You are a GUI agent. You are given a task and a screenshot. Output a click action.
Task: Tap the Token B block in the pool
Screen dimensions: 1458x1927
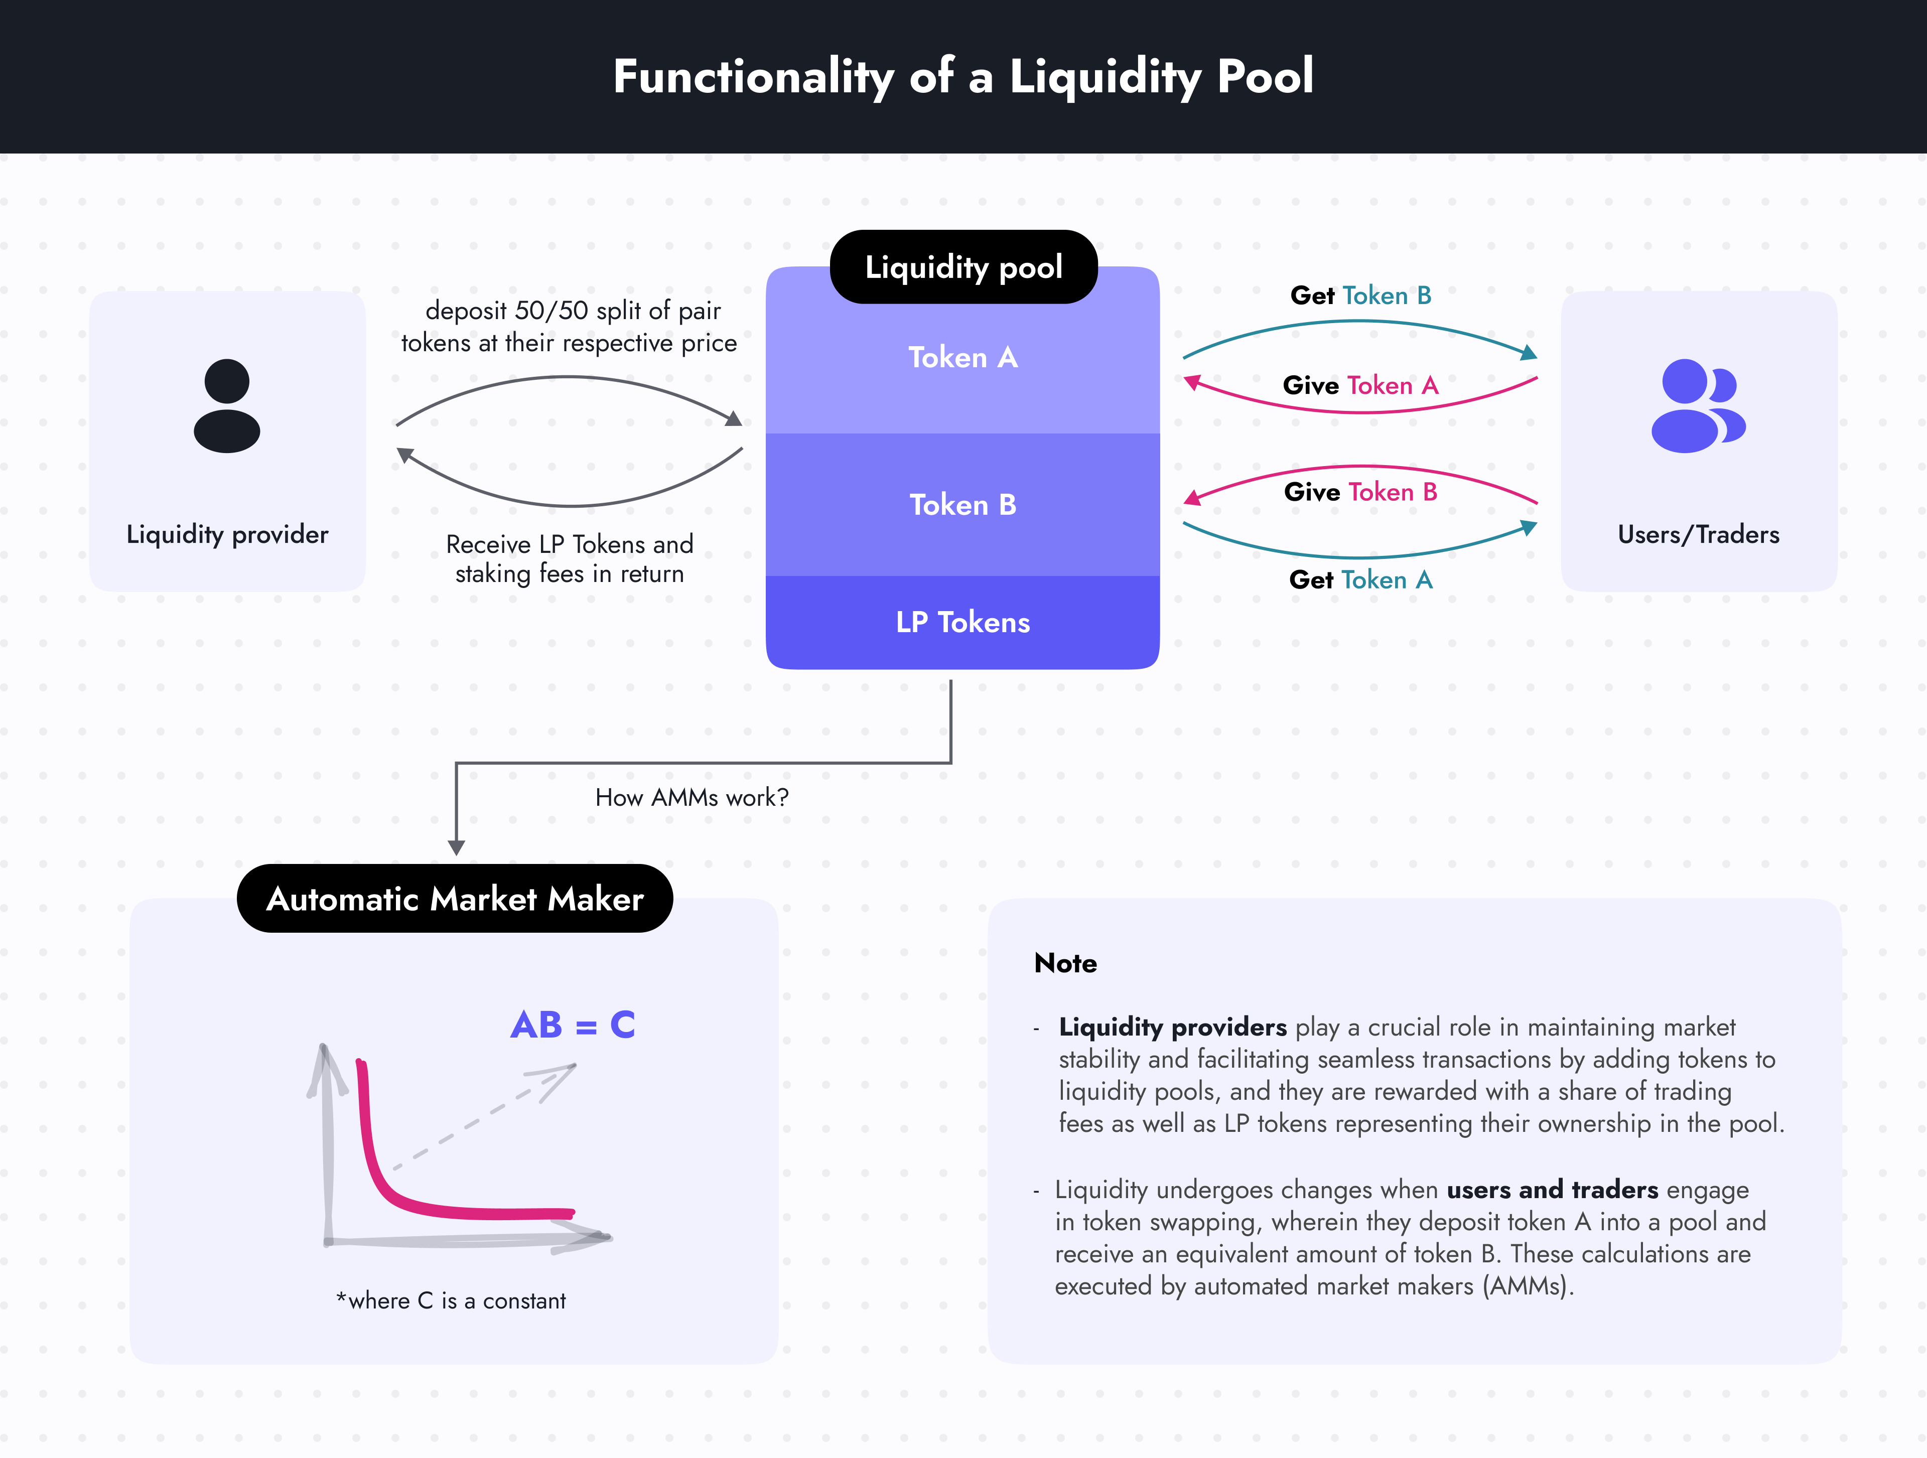[962, 505]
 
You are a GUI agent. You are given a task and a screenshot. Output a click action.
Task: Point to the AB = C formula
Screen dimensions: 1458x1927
[573, 1025]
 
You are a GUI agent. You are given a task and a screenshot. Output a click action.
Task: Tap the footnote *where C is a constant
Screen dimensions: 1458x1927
[451, 1300]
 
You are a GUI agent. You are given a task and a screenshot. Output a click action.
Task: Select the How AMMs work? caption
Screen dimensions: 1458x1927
[692, 798]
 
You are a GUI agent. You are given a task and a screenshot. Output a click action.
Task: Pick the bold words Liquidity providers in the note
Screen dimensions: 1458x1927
[1173, 1028]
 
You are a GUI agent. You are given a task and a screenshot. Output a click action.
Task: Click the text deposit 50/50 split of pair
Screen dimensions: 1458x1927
[573, 311]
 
